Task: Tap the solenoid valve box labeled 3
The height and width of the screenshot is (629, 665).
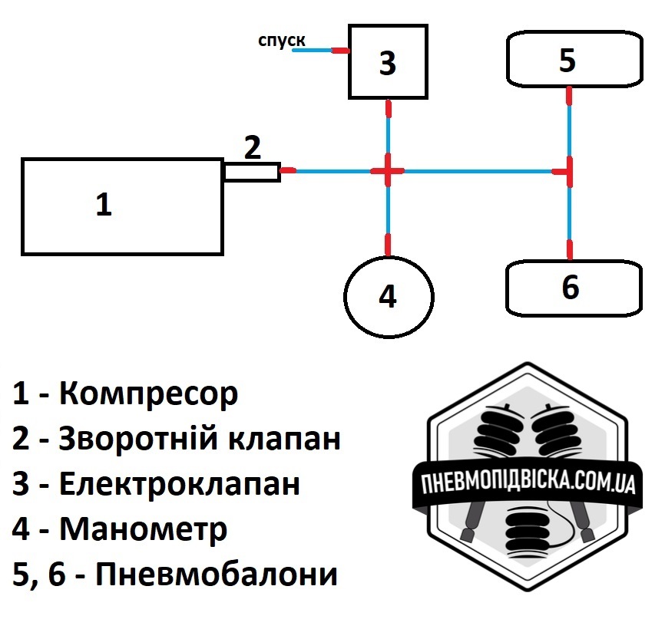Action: tap(388, 61)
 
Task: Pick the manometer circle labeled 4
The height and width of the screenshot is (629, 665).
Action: tap(389, 296)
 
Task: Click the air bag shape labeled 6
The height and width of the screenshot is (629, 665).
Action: tap(573, 288)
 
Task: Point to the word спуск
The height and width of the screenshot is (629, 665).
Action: tap(281, 41)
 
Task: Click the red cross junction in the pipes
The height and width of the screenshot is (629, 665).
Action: tap(388, 171)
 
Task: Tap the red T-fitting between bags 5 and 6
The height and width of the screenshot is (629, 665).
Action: tap(568, 171)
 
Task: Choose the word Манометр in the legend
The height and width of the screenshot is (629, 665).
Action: tap(143, 529)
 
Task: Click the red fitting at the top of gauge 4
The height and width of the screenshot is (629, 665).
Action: tap(388, 245)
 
